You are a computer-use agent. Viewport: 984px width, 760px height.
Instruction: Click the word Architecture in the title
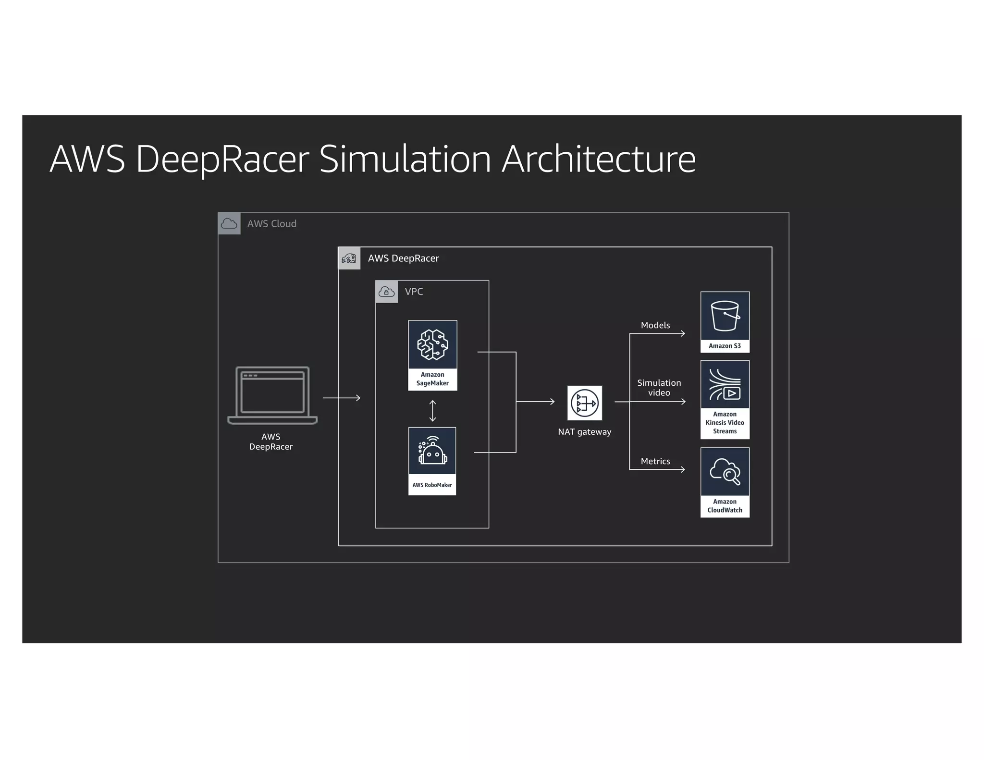598,159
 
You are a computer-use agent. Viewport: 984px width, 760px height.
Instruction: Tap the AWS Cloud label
271,224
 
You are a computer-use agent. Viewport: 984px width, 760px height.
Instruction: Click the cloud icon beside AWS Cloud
229,224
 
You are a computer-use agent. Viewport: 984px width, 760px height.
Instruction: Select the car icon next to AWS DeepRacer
349,258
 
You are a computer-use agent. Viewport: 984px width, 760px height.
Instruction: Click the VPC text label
414,292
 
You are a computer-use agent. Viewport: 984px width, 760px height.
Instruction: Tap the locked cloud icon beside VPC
386,292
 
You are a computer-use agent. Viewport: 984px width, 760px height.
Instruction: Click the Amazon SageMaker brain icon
432,345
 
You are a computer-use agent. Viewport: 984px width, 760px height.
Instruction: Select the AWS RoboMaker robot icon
432,451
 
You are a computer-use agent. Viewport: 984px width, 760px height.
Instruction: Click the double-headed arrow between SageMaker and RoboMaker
432,411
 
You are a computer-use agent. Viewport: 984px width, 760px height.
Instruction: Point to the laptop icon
272,395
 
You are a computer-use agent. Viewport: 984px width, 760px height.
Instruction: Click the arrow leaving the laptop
342,398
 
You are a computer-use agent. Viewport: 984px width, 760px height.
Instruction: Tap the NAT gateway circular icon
585,403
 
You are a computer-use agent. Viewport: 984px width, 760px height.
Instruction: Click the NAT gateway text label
584,432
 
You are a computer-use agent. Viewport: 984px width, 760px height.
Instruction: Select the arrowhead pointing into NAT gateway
552,402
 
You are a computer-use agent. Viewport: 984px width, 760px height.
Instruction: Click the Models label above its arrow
655,325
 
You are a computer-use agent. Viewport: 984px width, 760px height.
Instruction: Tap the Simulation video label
659,388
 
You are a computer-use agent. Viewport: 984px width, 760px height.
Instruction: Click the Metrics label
655,461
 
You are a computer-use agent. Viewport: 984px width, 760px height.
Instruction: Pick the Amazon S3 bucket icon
725,316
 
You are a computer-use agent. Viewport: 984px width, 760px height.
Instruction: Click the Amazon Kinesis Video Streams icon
725,384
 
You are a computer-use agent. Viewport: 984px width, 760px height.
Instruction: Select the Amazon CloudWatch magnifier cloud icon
725,471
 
